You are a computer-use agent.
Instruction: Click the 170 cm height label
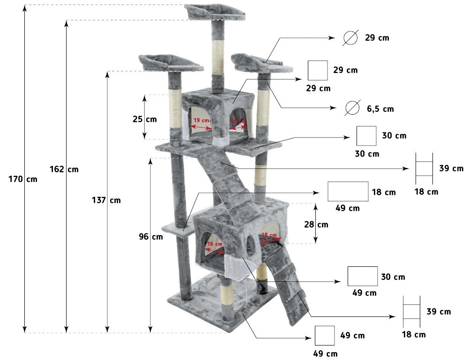coord(23,179)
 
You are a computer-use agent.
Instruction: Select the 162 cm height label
coord(64,169)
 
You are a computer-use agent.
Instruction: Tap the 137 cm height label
coord(106,200)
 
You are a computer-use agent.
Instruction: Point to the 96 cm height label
coord(151,237)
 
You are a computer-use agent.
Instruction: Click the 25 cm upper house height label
coord(145,119)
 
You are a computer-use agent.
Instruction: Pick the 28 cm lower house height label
coord(316,224)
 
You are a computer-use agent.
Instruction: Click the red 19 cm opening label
coord(201,120)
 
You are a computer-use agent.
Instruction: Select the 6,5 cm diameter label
coord(380,109)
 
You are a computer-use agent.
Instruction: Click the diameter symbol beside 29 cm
coord(350,38)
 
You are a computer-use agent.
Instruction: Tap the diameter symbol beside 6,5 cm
coord(352,108)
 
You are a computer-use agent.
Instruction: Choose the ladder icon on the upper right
coord(424,169)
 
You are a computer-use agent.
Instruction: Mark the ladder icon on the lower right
coord(411,312)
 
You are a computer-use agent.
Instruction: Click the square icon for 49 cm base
coord(325,336)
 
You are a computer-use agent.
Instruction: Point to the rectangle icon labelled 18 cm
coord(348,191)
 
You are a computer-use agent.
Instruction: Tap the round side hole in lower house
coord(251,246)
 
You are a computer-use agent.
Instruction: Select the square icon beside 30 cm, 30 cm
coord(366,136)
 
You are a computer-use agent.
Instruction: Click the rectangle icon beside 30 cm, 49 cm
coord(363,276)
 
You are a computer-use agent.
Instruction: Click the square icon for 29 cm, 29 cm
coord(318,70)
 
